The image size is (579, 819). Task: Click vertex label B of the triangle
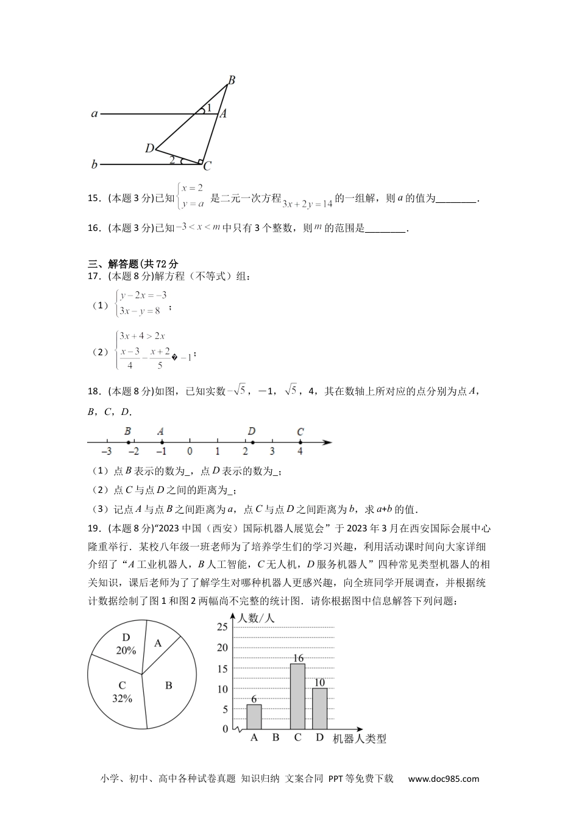(x=232, y=80)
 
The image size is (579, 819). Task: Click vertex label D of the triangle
(x=149, y=148)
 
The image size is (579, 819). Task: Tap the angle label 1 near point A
(x=209, y=108)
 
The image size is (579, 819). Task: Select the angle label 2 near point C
(x=172, y=160)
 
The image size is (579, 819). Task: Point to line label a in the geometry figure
(x=94, y=113)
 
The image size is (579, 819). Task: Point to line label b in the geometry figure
(x=94, y=165)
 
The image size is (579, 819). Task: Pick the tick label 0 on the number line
(x=190, y=452)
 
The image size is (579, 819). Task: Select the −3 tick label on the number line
(x=106, y=452)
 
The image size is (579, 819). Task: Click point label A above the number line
(x=161, y=431)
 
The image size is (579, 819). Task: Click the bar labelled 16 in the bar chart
(x=297, y=697)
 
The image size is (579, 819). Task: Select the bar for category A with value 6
(x=254, y=717)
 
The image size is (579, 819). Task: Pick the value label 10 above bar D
(x=319, y=682)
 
